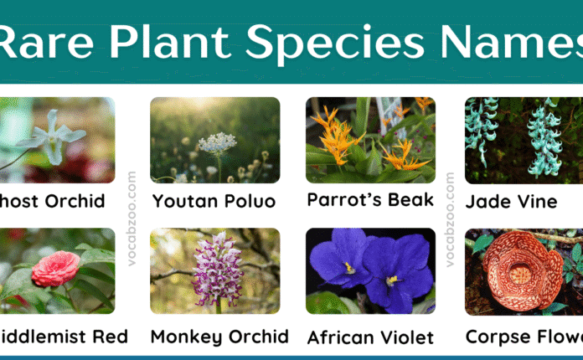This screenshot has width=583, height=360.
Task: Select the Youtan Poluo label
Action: pos(215,202)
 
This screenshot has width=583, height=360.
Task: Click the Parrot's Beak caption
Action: pos(370,200)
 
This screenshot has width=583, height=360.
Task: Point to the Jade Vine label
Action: pos(511,202)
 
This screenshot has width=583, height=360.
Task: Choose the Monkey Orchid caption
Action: pos(219,337)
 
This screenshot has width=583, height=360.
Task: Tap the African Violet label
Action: pos(370,337)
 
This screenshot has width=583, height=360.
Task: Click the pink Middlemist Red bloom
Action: pos(54,267)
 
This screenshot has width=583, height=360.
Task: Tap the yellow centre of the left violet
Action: pos(348,268)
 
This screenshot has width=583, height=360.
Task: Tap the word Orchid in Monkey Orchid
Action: pos(257,337)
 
